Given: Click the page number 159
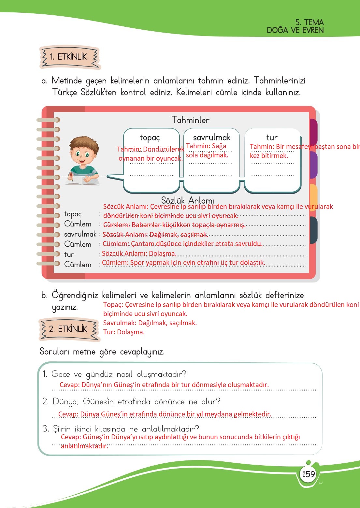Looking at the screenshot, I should tap(308, 474).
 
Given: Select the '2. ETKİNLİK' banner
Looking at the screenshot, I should tap(69, 329).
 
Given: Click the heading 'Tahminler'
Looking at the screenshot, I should tap(191, 120).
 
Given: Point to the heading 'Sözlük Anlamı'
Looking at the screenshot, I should tap(187, 200).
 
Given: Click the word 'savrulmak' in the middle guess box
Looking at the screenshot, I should tap(211, 138).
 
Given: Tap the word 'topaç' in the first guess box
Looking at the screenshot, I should tap(150, 138).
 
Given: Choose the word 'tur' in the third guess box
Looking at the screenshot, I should tap(272, 138).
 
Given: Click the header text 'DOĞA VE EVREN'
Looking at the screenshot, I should tap(295, 30).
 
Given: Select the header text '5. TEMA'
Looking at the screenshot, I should tap(309, 22).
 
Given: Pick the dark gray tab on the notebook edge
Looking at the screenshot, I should tap(313, 230).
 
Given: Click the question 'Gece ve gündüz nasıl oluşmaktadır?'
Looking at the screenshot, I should tap(119, 374).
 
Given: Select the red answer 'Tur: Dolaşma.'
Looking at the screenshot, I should tap(124, 332).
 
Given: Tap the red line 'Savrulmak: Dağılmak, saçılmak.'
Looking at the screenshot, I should tap(150, 323).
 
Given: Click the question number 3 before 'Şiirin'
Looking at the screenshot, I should tap(46, 428).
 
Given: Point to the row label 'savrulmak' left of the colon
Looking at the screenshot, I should tap(80, 234).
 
